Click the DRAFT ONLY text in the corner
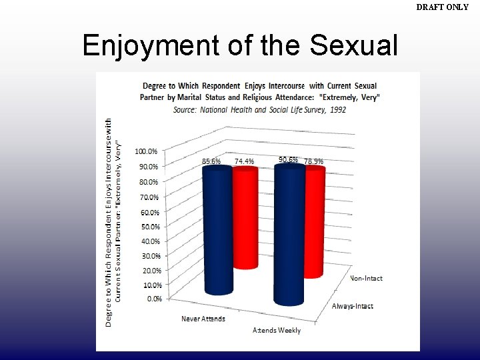coord(442,7)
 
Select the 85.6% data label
coord(211,161)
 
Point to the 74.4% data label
coord(244,161)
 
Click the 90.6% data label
coord(288,160)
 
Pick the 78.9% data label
coord(313,161)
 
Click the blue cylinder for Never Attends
coord(218,230)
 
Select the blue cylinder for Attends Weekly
coord(289,233)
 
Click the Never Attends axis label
coord(203,319)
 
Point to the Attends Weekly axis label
coord(277,330)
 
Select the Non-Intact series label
coord(366,279)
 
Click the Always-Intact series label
coord(353,306)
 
